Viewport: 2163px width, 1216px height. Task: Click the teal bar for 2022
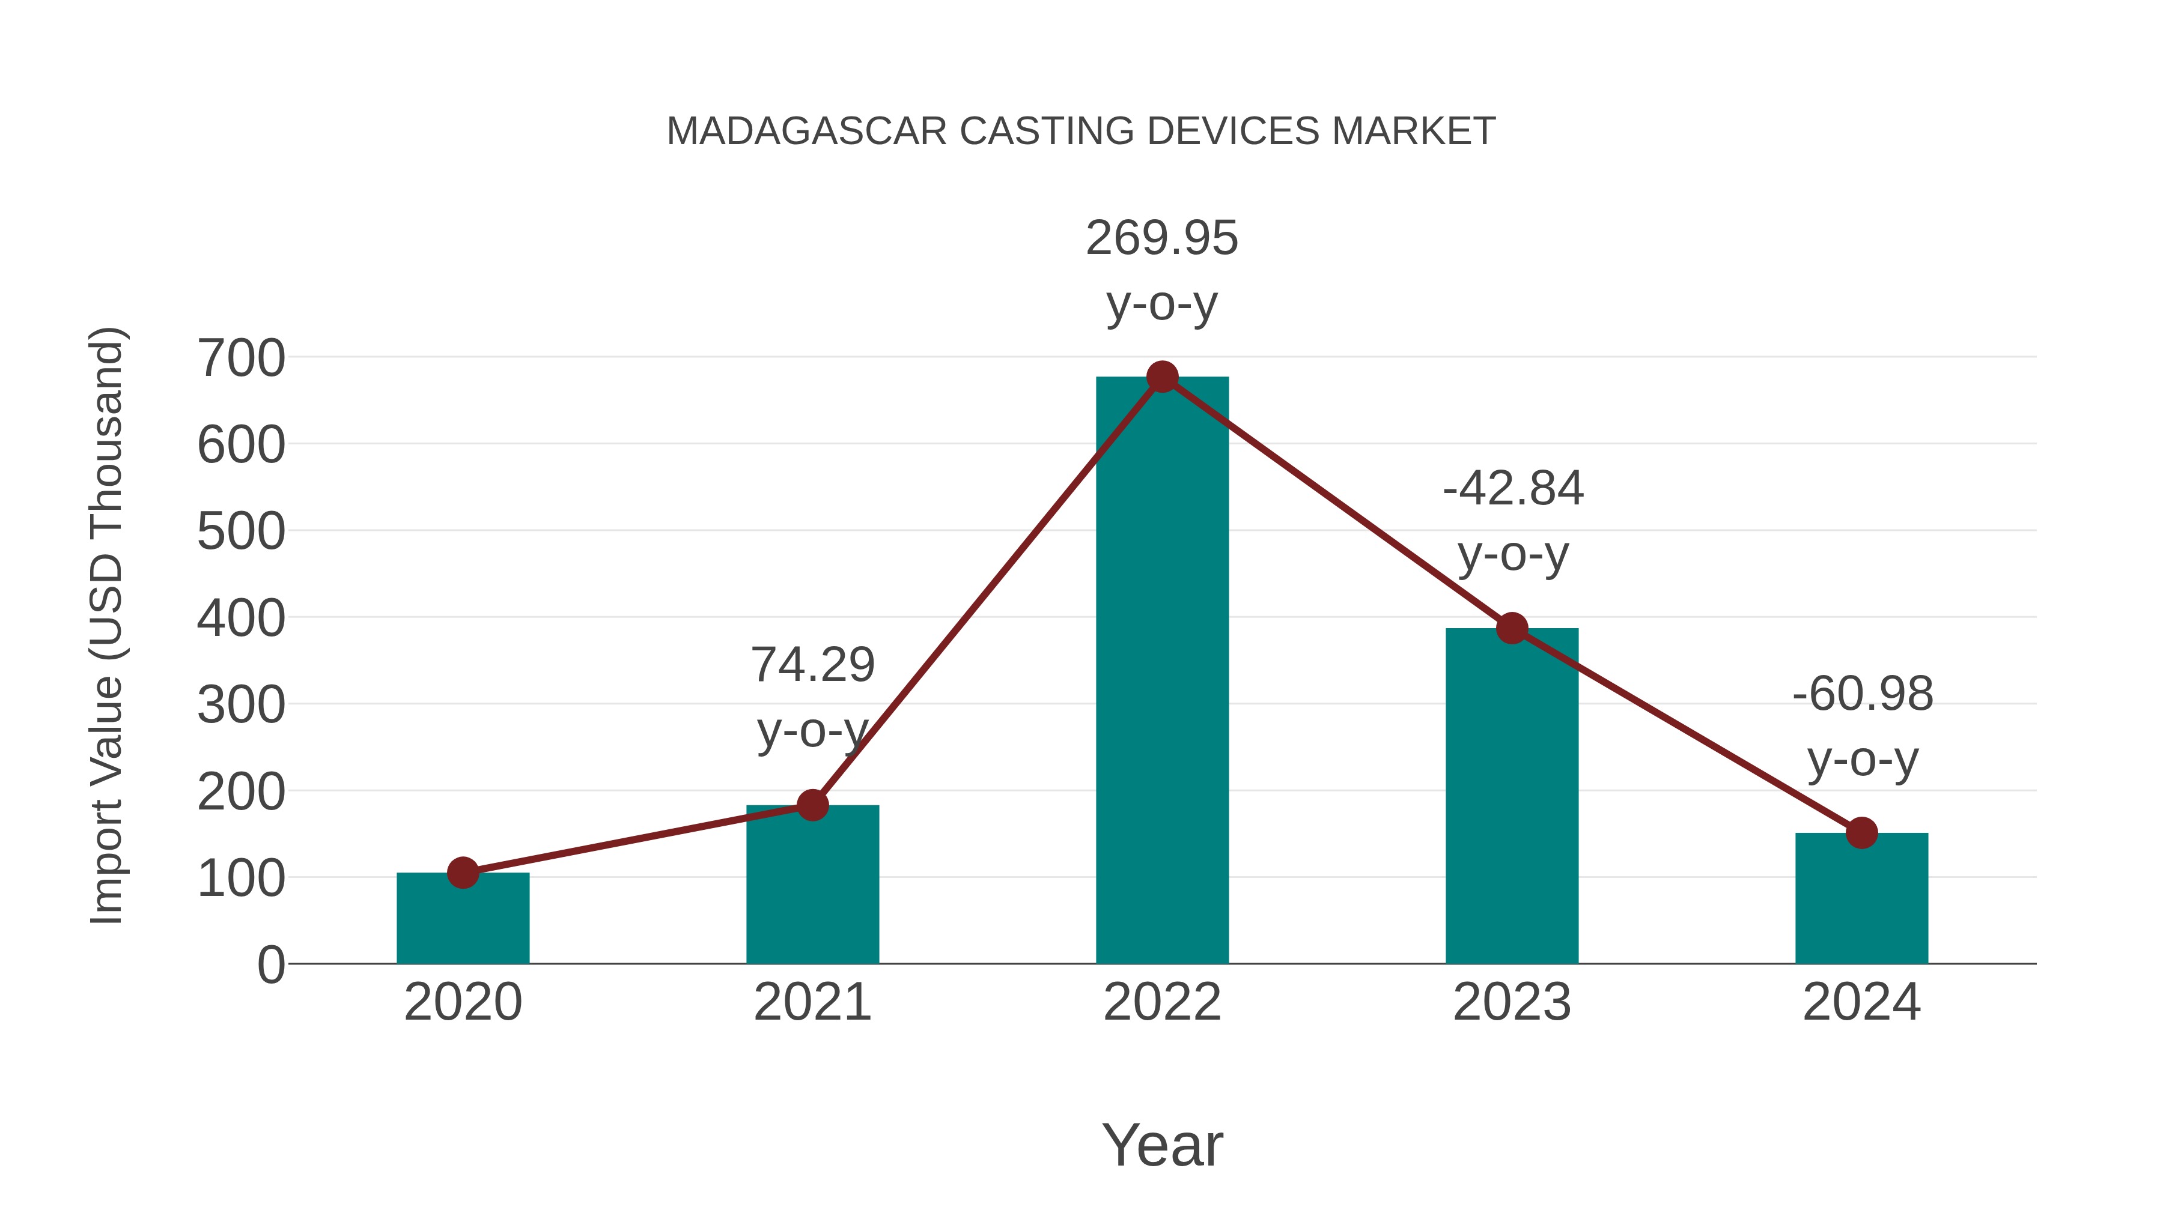tap(1162, 671)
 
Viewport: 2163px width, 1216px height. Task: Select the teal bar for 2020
tap(463, 918)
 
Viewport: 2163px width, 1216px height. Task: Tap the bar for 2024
tap(1861, 898)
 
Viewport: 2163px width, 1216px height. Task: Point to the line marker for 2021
tap(812, 805)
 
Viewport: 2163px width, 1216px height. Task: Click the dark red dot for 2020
tap(463, 873)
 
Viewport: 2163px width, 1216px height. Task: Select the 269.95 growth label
tap(1161, 238)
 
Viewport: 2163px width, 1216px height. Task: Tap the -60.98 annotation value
tap(1863, 694)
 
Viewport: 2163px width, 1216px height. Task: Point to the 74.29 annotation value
tap(812, 665)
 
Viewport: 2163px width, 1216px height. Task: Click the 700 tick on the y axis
tap(241, 358)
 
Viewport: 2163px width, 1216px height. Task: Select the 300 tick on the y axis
tap(241, 705)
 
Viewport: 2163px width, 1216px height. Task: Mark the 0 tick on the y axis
tap(270, 964)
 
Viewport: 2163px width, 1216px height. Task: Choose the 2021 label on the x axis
tap(812, 1002)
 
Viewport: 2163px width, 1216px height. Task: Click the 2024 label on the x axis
tap(1861, 1002)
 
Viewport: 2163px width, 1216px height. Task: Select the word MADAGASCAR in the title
tap(806, 132)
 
